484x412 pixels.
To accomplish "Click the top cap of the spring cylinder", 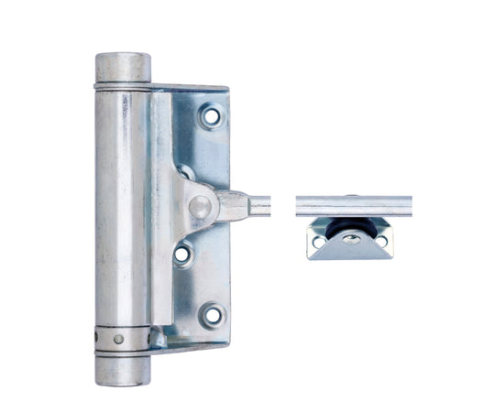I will (123, 67).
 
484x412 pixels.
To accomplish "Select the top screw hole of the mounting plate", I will (212, 117).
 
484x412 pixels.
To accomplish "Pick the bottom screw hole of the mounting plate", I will (213, 314).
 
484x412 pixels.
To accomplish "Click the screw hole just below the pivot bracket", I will (183, 252).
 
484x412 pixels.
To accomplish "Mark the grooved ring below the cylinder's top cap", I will (123, 85).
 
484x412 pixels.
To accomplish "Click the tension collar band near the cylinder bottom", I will (121, 339).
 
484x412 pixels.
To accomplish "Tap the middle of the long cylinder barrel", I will (122, 211).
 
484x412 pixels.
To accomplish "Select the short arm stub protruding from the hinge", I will (260, 206).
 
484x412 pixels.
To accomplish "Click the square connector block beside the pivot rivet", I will (232, 206).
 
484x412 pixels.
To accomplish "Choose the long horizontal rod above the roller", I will (353, 206).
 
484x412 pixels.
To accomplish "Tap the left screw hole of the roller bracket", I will (320, 242).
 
